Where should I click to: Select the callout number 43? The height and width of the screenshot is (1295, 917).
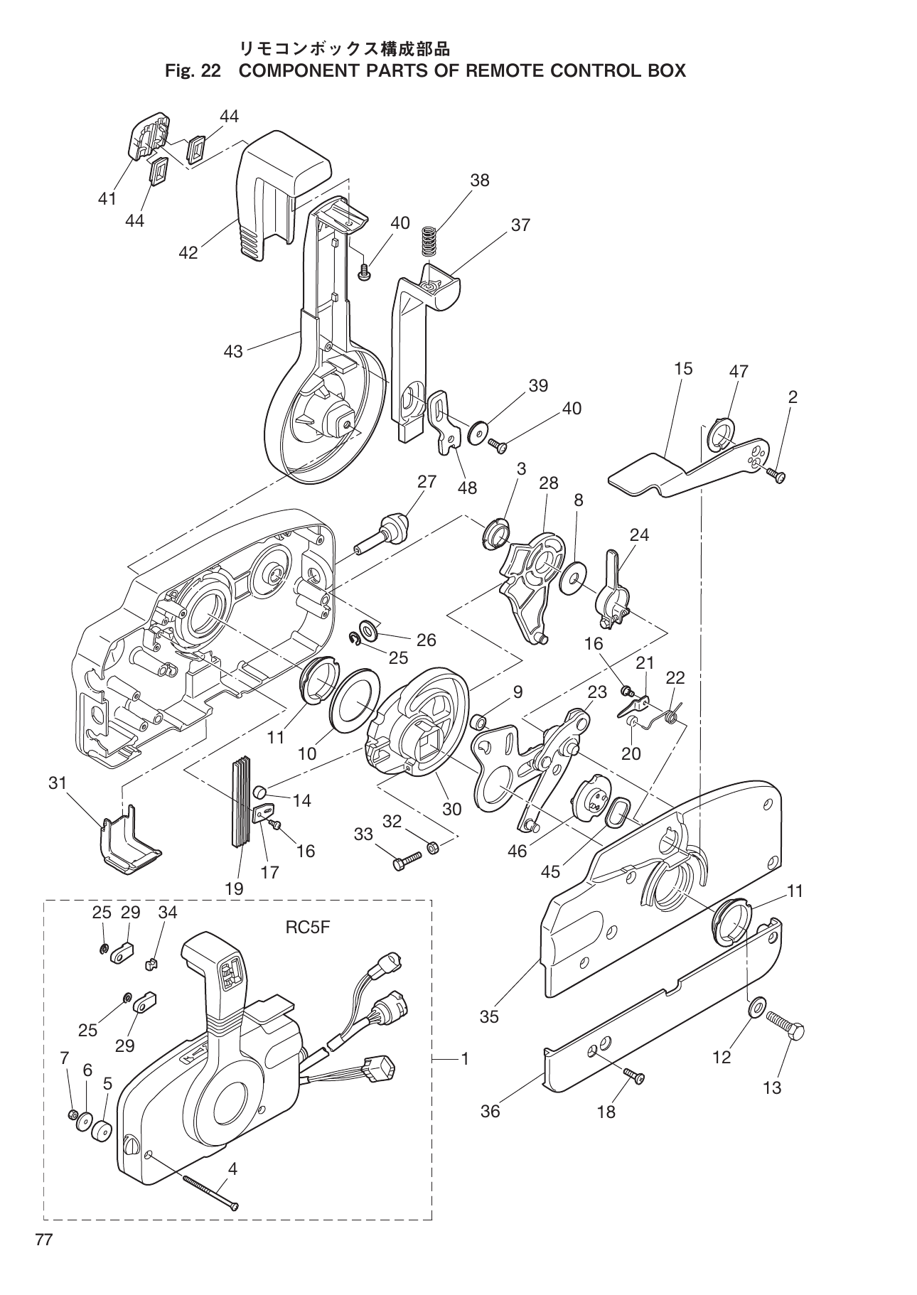233,352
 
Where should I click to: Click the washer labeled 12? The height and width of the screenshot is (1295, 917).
756,1006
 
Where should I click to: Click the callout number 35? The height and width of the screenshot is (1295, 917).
489,1016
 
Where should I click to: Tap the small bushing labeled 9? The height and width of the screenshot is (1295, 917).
480,723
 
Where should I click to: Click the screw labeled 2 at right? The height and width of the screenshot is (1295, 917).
778,476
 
